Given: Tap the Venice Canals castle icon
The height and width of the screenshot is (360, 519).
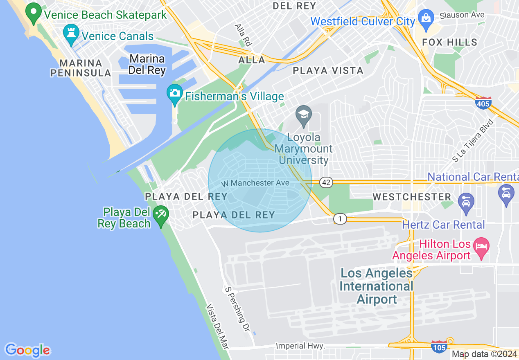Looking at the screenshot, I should coord(71,34).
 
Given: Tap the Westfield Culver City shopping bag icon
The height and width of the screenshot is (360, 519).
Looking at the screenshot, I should coord(426,20).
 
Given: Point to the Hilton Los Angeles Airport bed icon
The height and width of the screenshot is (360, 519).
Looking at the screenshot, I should coord(481,247).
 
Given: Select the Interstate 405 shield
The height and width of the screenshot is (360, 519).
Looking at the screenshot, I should coord(483,103).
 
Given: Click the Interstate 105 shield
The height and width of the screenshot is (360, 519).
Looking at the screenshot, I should coord(439,346).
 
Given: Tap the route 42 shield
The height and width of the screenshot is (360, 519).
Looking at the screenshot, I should coord(326,182).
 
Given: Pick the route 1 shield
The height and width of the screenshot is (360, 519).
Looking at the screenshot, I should coord(340,219).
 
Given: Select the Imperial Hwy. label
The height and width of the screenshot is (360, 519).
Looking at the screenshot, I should coord(300,346).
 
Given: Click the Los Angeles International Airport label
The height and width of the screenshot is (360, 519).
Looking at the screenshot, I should coord(377,286).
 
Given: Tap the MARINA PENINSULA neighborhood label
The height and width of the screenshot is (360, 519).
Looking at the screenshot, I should coord(80,68).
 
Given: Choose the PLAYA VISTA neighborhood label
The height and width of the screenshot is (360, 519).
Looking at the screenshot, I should coord(328,70).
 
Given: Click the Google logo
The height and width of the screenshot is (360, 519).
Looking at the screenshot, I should coord(27,350).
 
